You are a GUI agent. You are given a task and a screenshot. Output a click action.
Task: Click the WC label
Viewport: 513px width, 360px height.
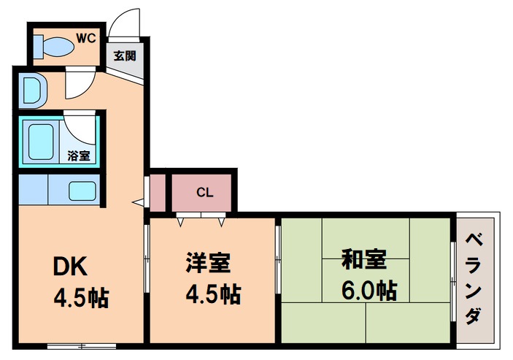tap(86, 36)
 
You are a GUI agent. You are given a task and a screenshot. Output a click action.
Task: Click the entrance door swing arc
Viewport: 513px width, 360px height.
tap(126, 20)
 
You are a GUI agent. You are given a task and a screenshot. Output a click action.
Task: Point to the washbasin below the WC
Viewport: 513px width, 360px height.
tap(32, 90)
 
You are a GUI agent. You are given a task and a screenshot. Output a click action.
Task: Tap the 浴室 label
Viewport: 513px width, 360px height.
tap(79, 155)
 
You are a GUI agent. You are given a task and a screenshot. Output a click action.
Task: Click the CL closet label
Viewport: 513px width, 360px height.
tap(205, 193)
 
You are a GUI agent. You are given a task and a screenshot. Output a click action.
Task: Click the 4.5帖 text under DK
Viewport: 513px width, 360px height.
tap(80, 297)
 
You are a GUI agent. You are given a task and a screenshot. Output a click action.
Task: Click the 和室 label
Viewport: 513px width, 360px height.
tap(364, 260)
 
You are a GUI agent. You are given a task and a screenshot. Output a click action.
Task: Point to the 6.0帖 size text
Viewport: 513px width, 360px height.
tap(369, 290)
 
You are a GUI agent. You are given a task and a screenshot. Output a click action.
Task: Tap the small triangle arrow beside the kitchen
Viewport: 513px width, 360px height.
tap(136, 200)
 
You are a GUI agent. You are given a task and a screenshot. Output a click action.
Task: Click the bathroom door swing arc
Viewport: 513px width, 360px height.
tap(81, 126)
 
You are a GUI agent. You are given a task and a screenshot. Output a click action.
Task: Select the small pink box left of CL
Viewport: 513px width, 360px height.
tap(157, 192)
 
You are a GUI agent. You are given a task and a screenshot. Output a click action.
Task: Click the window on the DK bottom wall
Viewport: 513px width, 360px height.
tap(80, 345)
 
